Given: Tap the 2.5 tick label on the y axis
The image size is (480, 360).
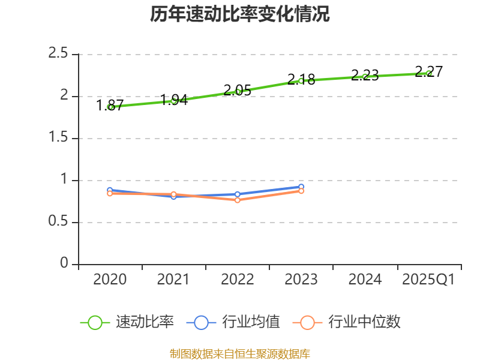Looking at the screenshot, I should click(59, 54).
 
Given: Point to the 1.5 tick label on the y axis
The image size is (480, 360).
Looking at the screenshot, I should click(59, 138).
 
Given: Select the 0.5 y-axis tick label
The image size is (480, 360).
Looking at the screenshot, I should click(59, 222).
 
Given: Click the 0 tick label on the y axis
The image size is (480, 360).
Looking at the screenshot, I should click(64, 264).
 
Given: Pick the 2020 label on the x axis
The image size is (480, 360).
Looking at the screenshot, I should click(110, 280).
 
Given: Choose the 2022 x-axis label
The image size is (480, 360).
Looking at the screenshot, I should click(238, 280).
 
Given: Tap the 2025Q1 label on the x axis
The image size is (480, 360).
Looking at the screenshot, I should click(428, 280).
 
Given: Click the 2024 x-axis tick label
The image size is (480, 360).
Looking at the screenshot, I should click(365, 280).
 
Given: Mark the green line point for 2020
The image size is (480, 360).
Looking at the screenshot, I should click(110, 107).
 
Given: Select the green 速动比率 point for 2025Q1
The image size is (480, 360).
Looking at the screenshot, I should click(429, 73).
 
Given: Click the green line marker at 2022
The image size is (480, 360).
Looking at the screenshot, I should click(238, 92).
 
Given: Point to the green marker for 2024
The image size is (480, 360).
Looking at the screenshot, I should click(365, 76).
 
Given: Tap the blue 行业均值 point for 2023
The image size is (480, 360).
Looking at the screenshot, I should click(301, 187).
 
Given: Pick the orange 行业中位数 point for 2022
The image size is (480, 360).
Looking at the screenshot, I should click(238, 200).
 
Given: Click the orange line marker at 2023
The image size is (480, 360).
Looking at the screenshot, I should click(301, 191).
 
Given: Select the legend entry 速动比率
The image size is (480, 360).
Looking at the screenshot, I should click(128, 322).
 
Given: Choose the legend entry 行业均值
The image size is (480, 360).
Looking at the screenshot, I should click(234, 322).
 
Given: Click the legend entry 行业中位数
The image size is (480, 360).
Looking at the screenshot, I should click(347, 322).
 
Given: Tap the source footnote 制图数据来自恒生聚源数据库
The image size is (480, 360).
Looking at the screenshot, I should click(239, 354).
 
